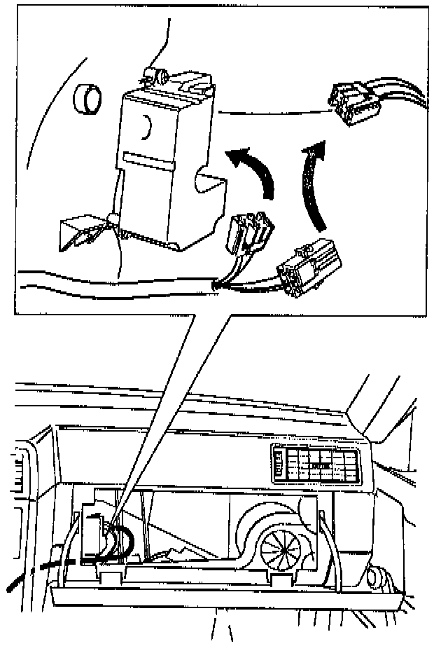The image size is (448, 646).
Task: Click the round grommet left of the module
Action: (x=87, y=99)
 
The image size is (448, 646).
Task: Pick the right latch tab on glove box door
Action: (x=279, y=581)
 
